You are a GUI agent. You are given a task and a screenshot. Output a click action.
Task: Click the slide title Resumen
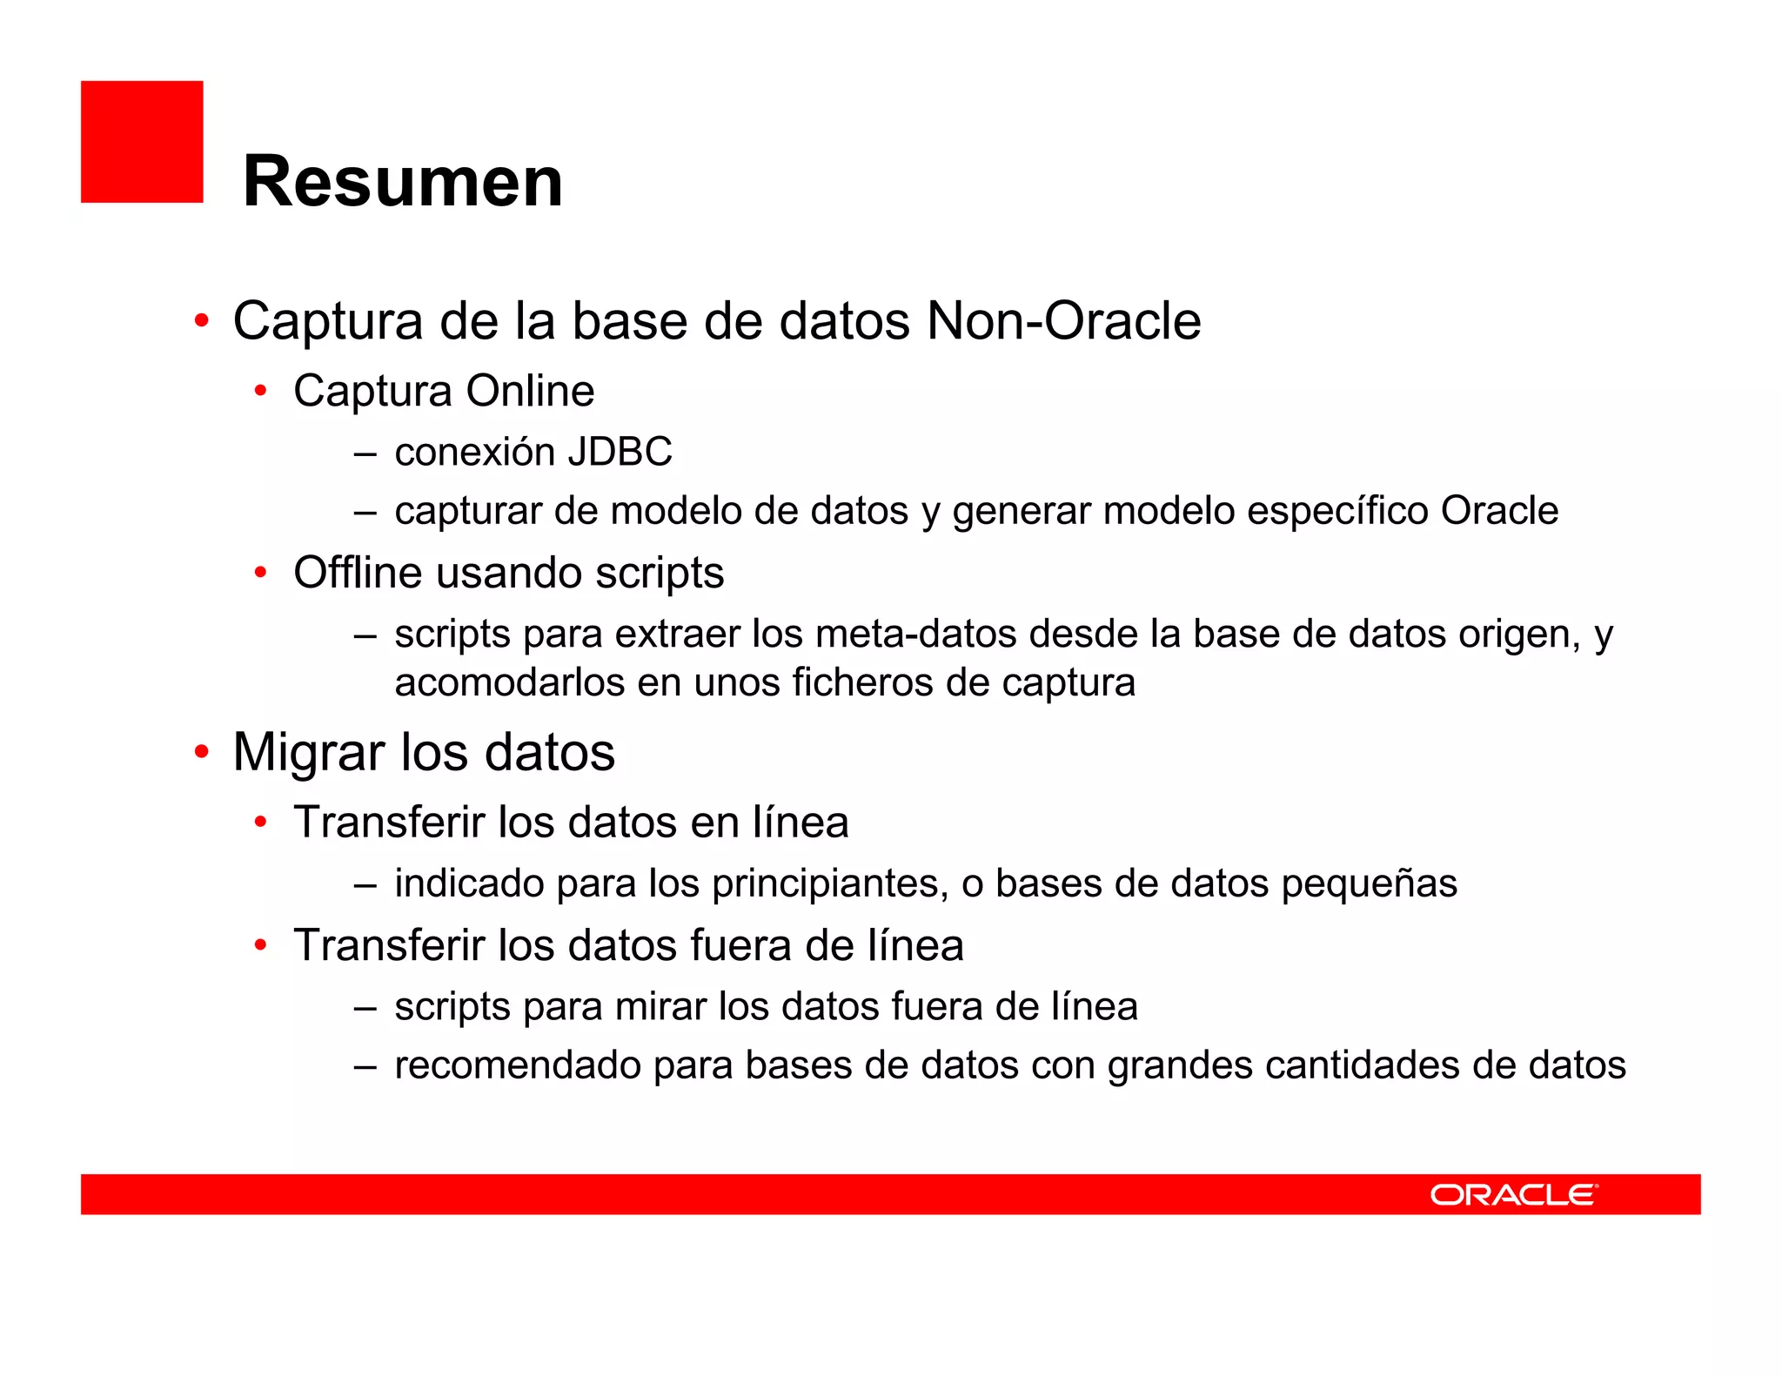point(402,181)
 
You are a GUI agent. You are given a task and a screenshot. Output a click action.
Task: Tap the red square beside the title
point(142,142)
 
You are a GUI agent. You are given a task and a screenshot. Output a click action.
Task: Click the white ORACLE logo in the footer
point(1513,1194)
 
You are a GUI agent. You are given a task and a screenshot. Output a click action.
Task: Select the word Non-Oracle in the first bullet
point(1063,321)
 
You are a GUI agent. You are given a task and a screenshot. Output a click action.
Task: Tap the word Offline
point(358,573)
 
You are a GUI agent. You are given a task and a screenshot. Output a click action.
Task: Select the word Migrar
point(309,753)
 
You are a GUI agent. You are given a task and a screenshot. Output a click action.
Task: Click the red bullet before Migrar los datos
point(202,750)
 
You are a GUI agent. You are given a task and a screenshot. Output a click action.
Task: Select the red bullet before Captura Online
point(260,391)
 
